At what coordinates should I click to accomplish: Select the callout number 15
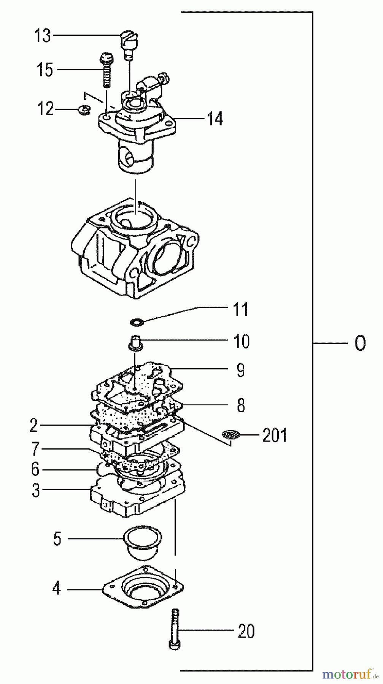(x=45, y=70)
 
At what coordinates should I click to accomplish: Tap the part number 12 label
(x=45, y=109)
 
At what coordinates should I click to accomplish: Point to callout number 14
(x=215, y=119)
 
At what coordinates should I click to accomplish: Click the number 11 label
(x=240, y=310)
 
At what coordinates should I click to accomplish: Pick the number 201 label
(x=275, y=435)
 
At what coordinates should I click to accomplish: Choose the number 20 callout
(x=246, y=632)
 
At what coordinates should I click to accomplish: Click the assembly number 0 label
(x=360, y=344)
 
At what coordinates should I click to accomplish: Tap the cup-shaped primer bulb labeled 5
(x=138, y=542)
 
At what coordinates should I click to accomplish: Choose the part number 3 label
(x=35, y=490)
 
